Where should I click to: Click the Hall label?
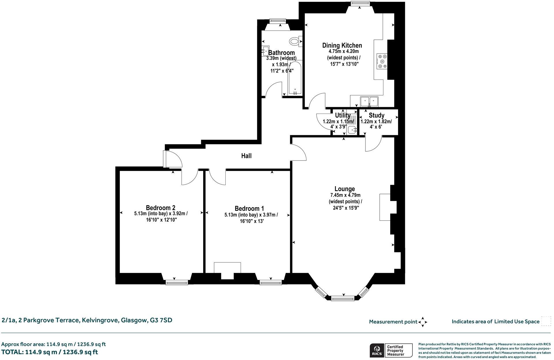tap(246, 156)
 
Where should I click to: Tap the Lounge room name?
tap(344, 189)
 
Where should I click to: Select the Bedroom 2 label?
tap(161, 208)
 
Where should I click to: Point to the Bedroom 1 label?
tap(249, 208)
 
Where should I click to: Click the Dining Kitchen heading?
tap(342, 45)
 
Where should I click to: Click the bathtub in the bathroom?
tap(295, 78)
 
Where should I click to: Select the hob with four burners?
tap(382, 61)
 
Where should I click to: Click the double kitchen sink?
tap(369, 101)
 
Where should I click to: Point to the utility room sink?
tap(352, 130)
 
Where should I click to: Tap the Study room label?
tap(376, 115)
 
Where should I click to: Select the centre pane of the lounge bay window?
tap(342, 298)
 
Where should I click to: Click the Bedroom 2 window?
tap(177, 283)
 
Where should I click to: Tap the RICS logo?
tap(376, 350)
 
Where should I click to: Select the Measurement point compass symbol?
tap(423, 322)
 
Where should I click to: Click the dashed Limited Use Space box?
tap(546, 321)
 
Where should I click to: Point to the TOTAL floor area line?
tap(50, 352)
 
